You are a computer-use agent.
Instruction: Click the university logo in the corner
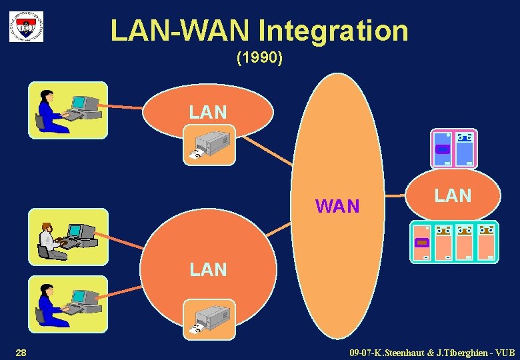click(x=26, y=26)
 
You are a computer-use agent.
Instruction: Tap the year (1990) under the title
click(x=260, y=58)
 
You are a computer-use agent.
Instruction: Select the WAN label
click(x=337, y=206)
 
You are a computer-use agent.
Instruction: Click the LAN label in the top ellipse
click(x=207, y=112)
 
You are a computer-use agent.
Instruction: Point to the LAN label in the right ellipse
click(x=453, y=195)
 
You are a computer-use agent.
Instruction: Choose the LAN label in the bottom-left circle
click(x=208, y=269)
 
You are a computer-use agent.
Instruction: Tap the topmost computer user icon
click(x=67, y=110)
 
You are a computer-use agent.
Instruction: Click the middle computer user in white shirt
click(x=67, y=237)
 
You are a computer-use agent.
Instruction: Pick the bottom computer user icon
click(x=67, y=304)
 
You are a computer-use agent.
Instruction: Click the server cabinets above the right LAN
click(x=453, y=147)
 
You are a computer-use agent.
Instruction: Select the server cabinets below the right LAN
click(x=453, y=241)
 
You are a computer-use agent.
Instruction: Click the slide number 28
click(x=21, y=351)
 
